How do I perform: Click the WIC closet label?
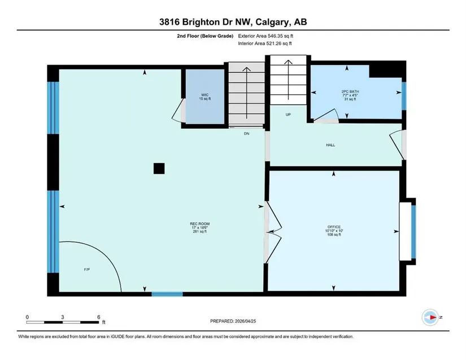[x=205, y=95]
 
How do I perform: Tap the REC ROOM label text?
[x=200, y=224]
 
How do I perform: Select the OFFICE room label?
[x=334, y=227]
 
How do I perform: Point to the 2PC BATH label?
[x=350, y=91]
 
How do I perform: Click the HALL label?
[x=330, y=145]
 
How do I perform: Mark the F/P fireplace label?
[x=87, y=270]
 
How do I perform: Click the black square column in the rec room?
[x=159, y=169]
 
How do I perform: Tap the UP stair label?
[x=288, y=115]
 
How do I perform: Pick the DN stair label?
[x=247, y=134]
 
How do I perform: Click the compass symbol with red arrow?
[x=430, y=317]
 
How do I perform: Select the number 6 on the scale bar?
[x=99, y=317]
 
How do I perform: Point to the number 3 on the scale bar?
[x=62, y=317]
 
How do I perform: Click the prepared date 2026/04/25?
[x=245, y=321]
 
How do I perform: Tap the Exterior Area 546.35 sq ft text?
[x=265, y=36]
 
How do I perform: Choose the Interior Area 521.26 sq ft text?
[x=265, y=43]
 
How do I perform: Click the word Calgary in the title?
[x=273, y=22]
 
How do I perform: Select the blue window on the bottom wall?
[x=167, y=294]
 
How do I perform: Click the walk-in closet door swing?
[x=178, y=110]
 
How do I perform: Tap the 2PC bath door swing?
[x=326, y=116]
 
